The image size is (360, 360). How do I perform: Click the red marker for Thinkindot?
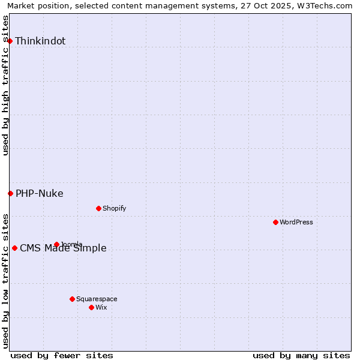pyautogui.click(x=10, y=41)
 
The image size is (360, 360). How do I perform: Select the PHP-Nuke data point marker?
pyautogui.click(x=10, y=193)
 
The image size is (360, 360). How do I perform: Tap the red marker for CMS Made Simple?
pyautogui.click(x=14, y=248)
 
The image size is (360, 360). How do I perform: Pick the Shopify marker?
pyautogui.click(x=98, y=208)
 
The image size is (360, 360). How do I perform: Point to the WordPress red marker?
pyautogui.click(x=275, y=222)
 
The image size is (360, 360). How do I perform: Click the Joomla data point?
pyautogui.click(x=56, y=244)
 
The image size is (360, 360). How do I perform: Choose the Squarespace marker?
pyautogui.click(x=72, y=299)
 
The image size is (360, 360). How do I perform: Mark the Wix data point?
pyautogui.click(x=91, y=307)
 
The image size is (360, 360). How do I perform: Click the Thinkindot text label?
pyautogui.click(x=40, y=41)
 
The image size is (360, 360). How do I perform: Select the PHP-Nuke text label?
pyautogui.click(x=40, y=194)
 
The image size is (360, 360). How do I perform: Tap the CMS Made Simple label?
pyautogui.click(x=64, y=248)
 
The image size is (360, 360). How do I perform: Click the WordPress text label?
pyautogui.click(x=296, y=223)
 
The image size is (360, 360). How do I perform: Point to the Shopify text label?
pyautogui.click(x=115, y=209)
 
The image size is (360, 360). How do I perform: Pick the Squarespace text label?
pyautogui.click(x=97, y=299)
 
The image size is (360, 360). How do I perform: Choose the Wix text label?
pyautogui.click(x=101, y=308)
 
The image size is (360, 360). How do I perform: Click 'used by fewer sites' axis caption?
pyautogui.click(x=62, y=355)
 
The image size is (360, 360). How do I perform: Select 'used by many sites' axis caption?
pyautogui.click(x=301, y=355)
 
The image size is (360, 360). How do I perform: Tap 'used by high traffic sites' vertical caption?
pyautogui.click(x=6, y=85)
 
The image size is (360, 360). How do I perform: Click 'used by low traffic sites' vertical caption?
pyautogui.click(x=6, y=280)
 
